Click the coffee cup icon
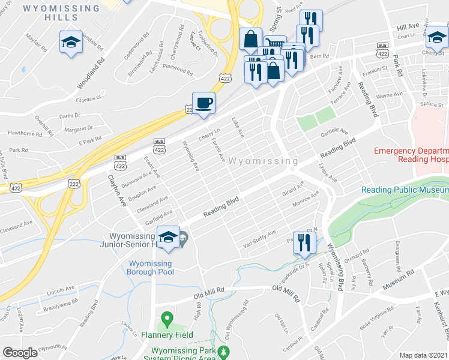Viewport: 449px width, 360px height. click(203, 103)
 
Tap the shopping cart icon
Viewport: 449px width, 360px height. click(274, 44)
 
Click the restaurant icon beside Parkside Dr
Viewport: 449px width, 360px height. click(304, 242)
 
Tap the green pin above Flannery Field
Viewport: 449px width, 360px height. click(167, 317)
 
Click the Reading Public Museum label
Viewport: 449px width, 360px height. click(405, 190)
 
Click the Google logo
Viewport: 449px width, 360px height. click(20, 353)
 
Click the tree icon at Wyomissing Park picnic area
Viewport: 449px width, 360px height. click(224, 351)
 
